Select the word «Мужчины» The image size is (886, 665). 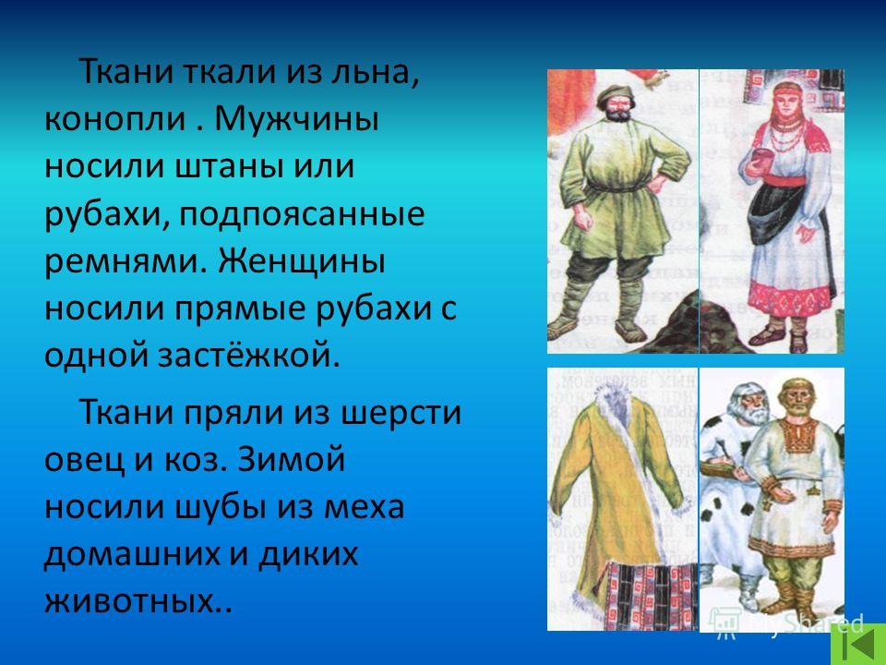pos(296,119)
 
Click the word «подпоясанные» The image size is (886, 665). pos(303,215)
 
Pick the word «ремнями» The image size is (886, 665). pos(126,261)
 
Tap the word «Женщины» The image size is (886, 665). pos(302,261)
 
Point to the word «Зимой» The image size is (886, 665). pos(291,459)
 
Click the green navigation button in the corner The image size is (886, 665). pos(858,644)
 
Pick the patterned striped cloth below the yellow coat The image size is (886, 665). pos(651,595)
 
